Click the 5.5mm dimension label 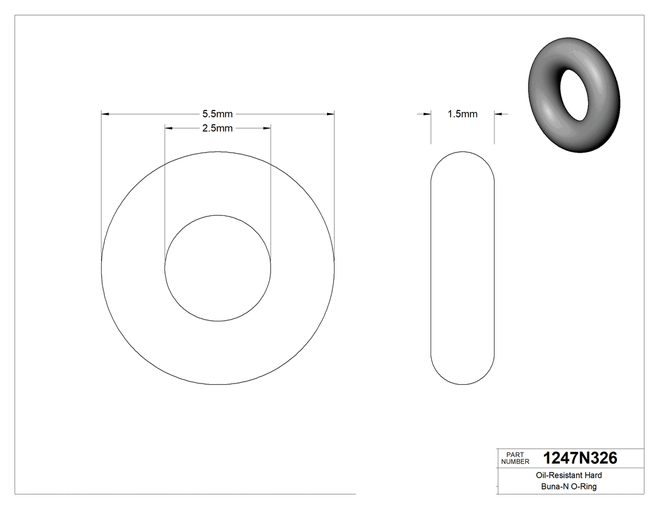point(217,114)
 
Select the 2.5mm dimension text point(217,129)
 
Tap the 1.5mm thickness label point(462,114)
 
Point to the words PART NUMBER point(515,458)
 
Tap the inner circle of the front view point(218,268)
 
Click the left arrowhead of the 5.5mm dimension point(105,114)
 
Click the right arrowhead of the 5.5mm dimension point(330,114)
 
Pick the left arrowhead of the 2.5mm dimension point(168,129)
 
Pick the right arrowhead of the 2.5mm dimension point(267,129)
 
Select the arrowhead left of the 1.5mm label point(427,114)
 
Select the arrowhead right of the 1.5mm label point(498,114)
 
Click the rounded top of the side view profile point(463,153)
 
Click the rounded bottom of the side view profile point(463,383)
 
